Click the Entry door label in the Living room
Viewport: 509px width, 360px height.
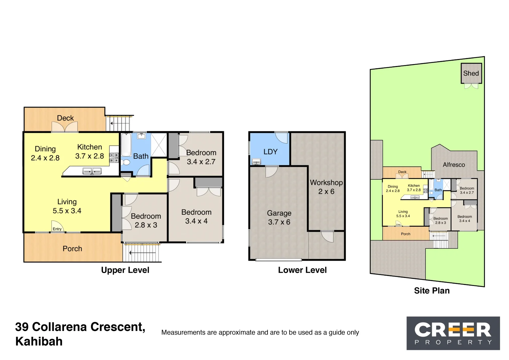tap(57, 229)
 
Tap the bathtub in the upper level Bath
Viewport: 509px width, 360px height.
tap(126, 145)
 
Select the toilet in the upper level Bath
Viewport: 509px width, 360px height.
tap(126, 162)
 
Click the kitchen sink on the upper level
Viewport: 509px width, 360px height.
tap(92, 171)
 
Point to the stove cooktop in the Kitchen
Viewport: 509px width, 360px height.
tap(114, 158)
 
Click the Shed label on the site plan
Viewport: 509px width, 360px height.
tap(471, 73)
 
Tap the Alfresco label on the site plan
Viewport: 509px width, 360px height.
tap(454, 165)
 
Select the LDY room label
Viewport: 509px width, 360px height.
tap(270, 152)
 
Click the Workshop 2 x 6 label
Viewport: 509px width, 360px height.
tap(326, 187)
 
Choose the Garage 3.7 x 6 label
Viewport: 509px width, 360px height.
tap(279, 217)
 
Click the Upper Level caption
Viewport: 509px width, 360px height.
tap(125, 270)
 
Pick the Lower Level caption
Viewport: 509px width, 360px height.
tap(302, 270)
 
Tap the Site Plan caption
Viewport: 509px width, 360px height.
tap(432, 291)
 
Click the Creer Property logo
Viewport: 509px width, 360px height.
tap(453, 333)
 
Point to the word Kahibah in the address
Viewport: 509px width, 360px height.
tap(39, 342)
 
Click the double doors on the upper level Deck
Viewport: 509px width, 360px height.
tap(65, 127)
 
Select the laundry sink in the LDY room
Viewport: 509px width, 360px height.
tap(256, 162)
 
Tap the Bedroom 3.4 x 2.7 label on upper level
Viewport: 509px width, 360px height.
tap(201, 157)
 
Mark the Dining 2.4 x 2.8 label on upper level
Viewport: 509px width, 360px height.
tap(45, 153)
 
